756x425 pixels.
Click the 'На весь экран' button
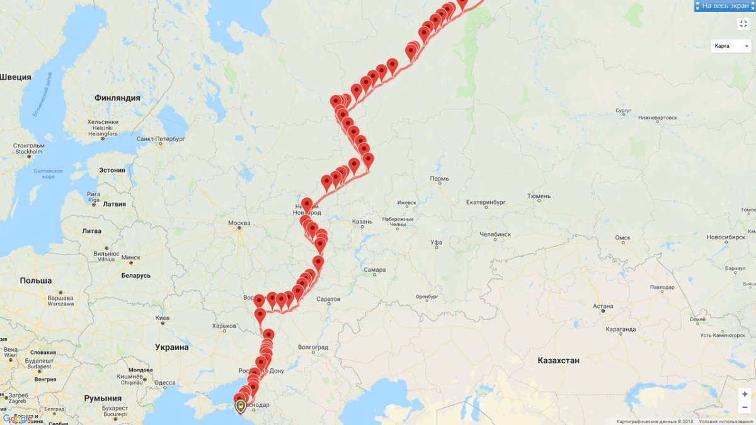(724, 6)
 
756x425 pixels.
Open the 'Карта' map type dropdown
(731, 46)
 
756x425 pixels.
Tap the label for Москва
(239, 223)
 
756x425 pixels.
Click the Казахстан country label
(558, 360)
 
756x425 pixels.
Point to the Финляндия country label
(117, 98)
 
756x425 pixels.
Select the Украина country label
(172, 347)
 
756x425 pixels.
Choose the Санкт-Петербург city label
(161, 139)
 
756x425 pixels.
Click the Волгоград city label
(313, 347)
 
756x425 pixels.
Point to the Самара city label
(374, 270)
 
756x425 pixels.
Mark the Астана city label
(603, 306)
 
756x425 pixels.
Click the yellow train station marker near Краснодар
(241, 406)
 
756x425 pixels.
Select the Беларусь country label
(135, 276)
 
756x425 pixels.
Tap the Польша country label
(36, 280)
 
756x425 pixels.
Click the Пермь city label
(439, 179)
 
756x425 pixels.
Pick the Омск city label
(622, 237)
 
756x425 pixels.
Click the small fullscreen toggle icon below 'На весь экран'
(743, 24)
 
